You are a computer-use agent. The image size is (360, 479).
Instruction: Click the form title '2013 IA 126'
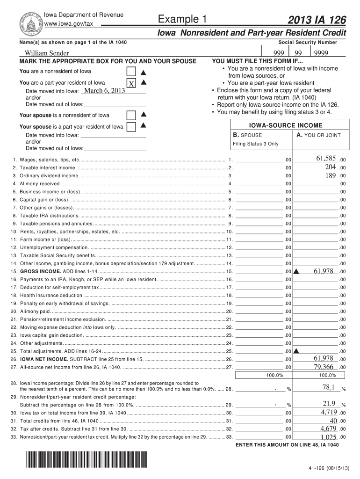318,20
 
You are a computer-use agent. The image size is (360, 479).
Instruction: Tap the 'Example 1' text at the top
182,19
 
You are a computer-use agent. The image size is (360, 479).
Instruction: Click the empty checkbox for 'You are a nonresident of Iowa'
132,72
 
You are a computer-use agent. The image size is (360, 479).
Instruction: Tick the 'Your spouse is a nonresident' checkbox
132,115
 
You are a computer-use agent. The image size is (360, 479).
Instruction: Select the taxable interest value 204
330,167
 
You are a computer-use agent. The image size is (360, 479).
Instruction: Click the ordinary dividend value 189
330,175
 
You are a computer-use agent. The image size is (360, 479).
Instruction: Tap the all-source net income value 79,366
323,366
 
